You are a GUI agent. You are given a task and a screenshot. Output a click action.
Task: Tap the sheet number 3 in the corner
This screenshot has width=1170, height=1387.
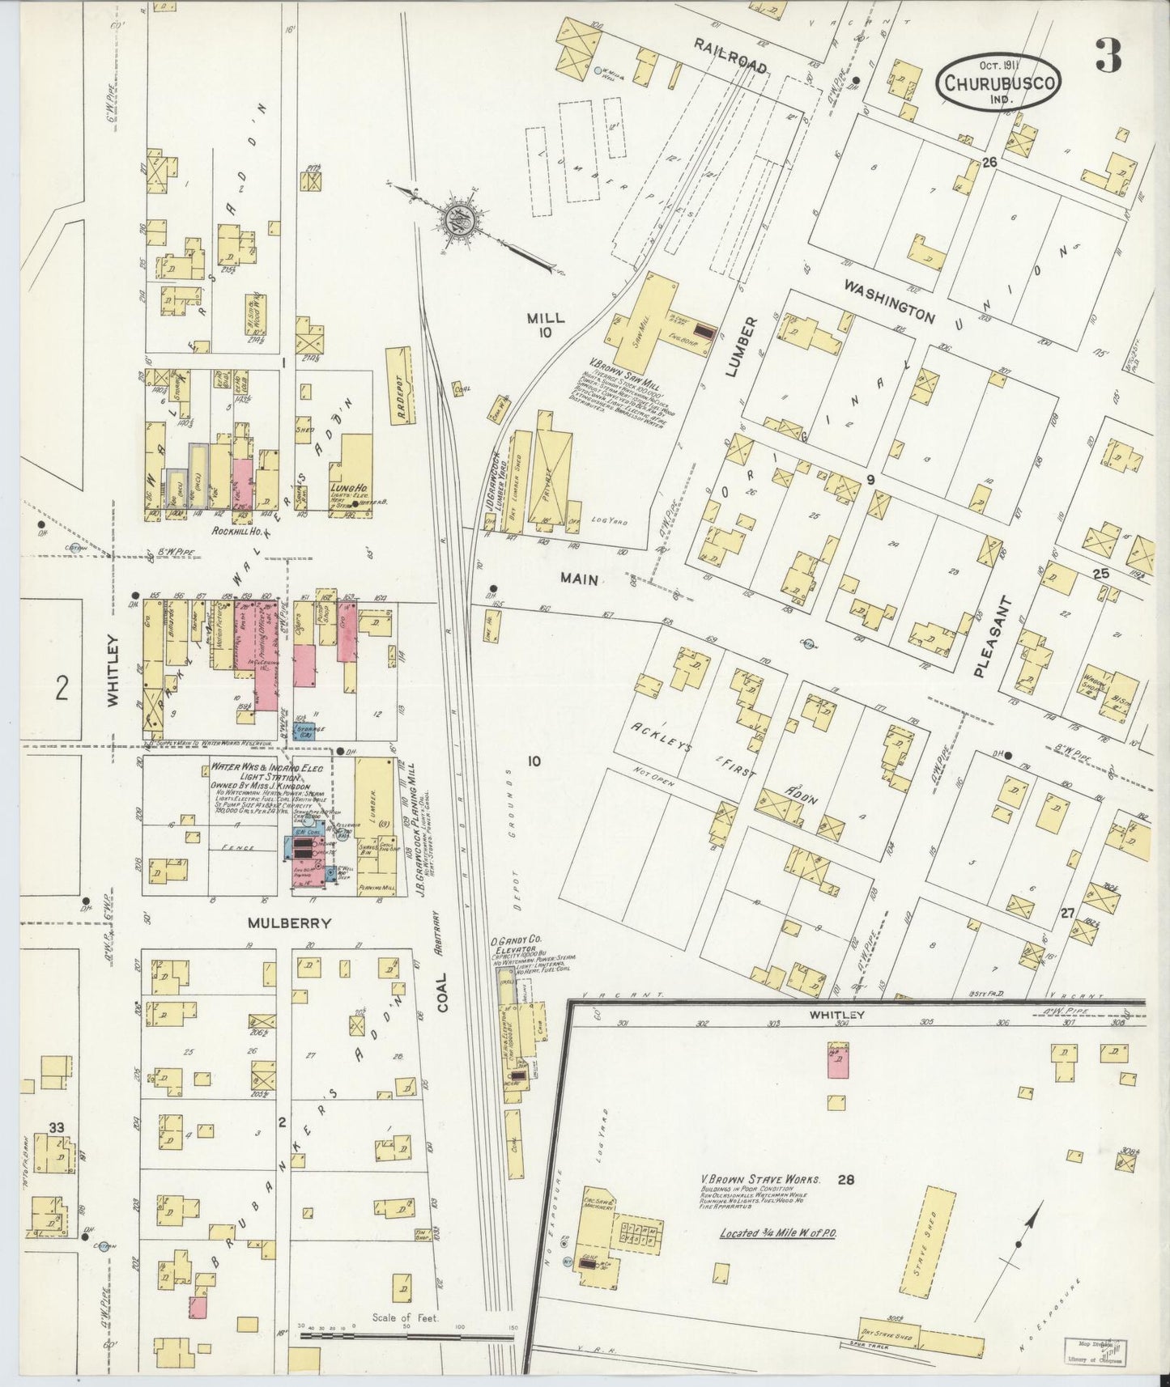point(1108,56)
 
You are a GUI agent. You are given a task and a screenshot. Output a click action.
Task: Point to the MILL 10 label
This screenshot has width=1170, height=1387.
point(545,325)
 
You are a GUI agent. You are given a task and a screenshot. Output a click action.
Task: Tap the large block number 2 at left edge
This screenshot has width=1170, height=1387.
point(62,689)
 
